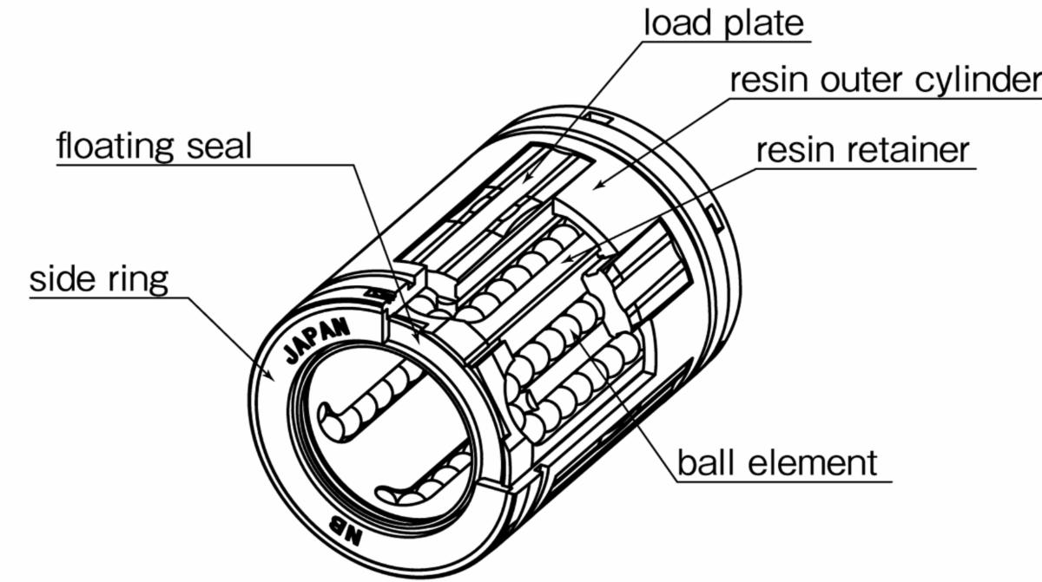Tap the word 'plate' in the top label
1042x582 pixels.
[764, 23]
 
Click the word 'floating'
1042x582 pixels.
[118, 147]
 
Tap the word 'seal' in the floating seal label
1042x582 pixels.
[219, 147]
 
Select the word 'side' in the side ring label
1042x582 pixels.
[61, 280]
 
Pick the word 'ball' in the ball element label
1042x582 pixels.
[703, 461]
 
